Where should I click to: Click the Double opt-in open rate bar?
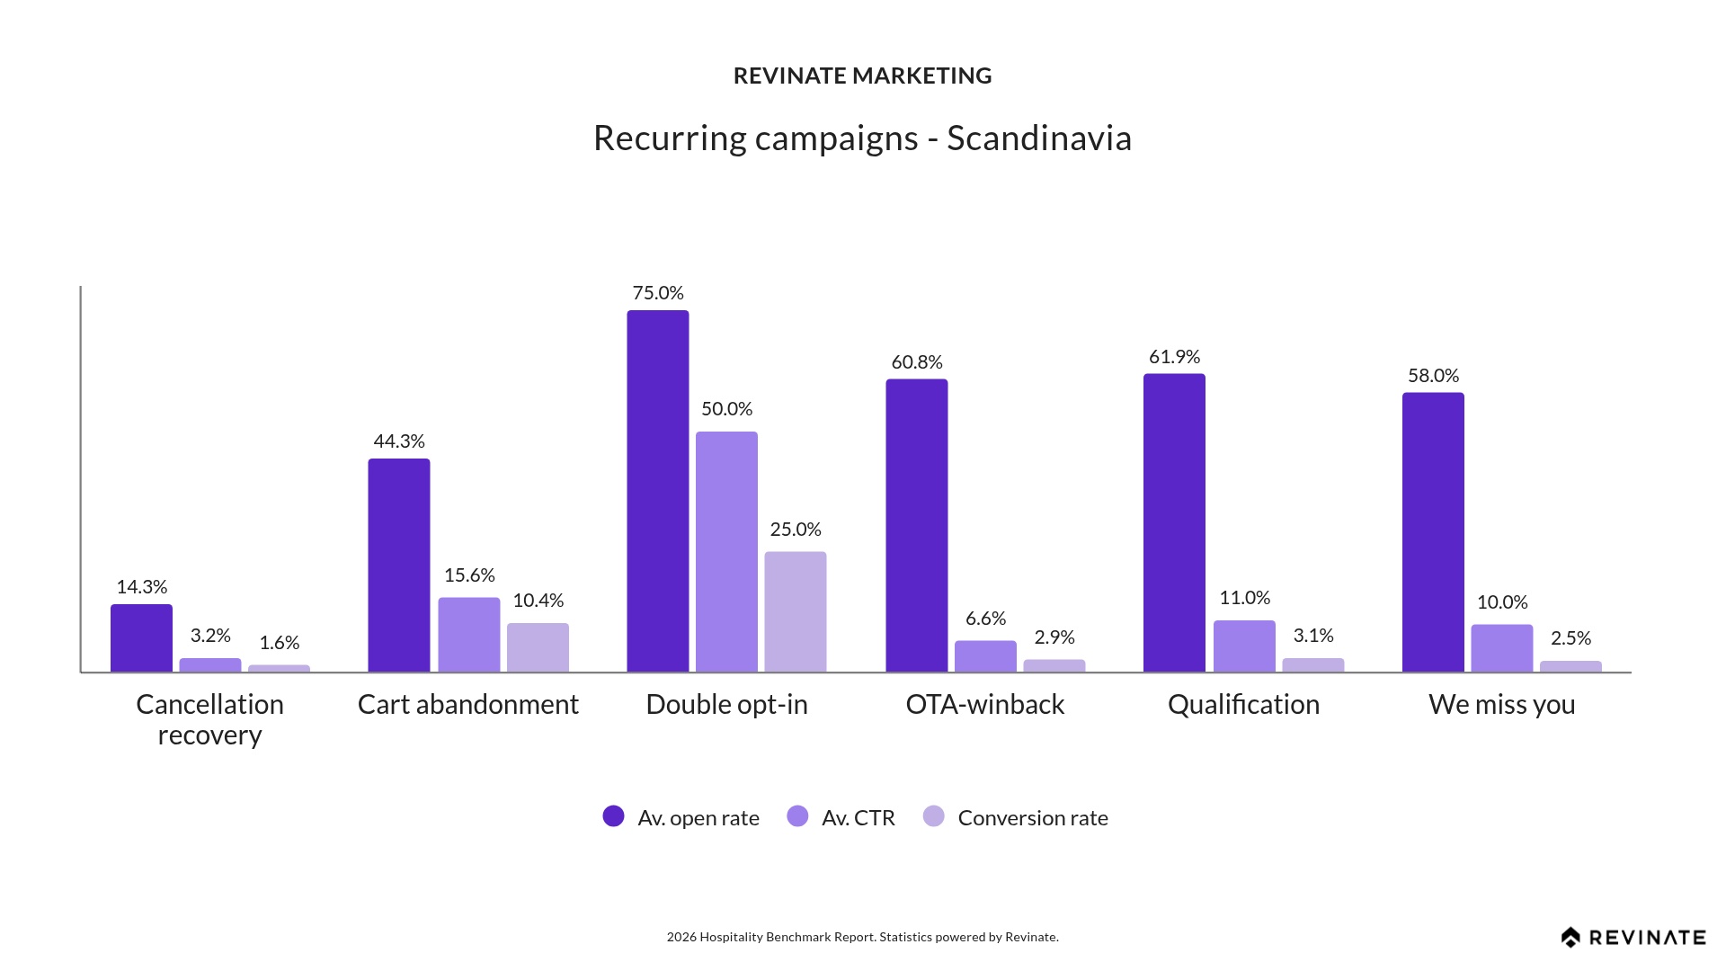[x=658, y=491]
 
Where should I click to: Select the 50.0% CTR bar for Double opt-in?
[x=726, y=551]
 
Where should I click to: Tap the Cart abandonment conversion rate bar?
[x=538, y=647]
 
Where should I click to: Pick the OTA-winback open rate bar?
[x=916, y=525]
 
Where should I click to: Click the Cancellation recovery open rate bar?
[x=141, y=637]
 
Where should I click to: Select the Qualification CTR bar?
[x=1244, y=646]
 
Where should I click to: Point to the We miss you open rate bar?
[x=1433, y=532]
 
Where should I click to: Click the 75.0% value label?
[x=658, y=293]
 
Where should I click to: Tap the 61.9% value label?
[x=1174, y=357]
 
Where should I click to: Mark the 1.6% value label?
[x=279, y=643]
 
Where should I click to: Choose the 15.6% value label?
[x=469, y=575]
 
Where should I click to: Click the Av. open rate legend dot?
[x=613, y=816]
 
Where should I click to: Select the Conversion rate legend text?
[x=1032, y=818]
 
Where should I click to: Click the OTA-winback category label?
[x=984, y=704]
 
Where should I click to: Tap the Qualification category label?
[x=1243, y=704]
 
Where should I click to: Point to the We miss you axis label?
[x=1501, y=704]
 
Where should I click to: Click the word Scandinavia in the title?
[x=1038, y=138]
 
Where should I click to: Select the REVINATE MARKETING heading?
[x=862, y=76]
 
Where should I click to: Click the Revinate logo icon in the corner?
[x=1570, y=938]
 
